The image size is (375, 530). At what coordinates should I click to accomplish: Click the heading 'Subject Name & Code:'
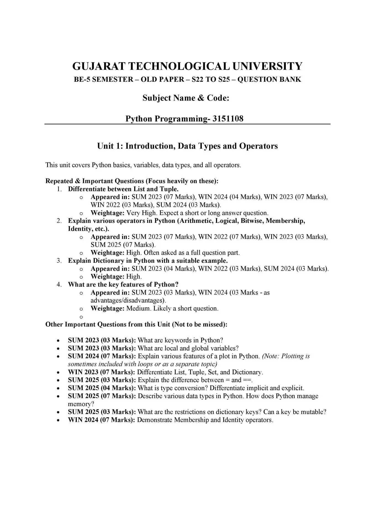tap(186, 98)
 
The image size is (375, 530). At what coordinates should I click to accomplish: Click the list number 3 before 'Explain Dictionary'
tap(59, 261)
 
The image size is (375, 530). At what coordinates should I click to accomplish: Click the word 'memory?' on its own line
tap(81, 404)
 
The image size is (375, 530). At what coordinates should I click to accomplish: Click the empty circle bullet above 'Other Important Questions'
tap(81, 317)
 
